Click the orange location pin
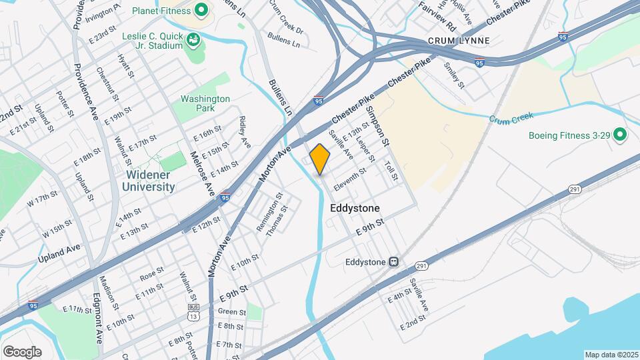[320, 159]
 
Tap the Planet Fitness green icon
[200, 11]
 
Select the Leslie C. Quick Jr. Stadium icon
[194, 40]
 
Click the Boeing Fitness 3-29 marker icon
[620, 135]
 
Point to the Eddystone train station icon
[394, 262]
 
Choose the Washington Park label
[205, 103]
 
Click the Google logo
[22, 351]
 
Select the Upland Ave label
[59, 252]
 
